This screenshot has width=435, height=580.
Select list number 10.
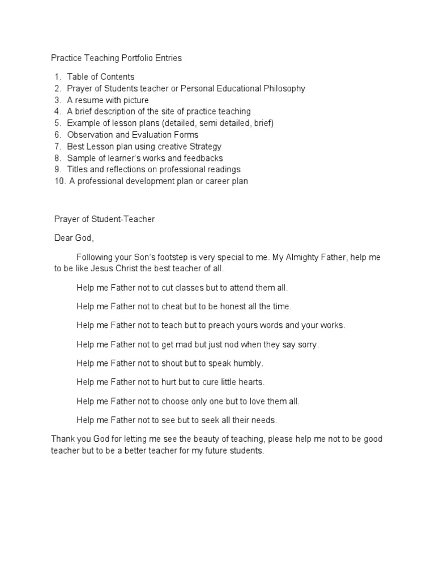(60, 181)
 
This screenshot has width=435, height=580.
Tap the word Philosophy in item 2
(285, 88)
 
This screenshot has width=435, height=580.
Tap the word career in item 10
(210, 181)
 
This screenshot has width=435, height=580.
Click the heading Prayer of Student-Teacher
(104, 219)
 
